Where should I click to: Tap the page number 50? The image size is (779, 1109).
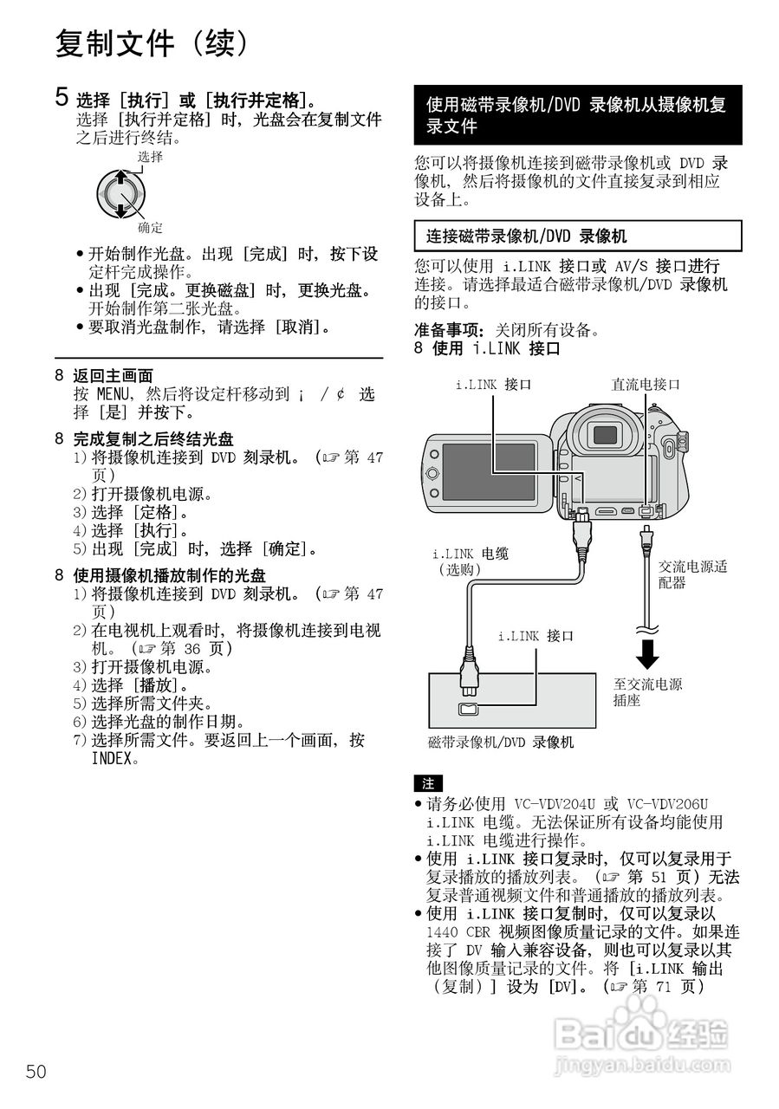[36, 1072]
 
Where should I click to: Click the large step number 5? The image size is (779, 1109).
[62, 97]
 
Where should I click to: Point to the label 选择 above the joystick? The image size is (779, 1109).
[150, 157]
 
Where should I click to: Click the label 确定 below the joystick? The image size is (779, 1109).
[150, 228]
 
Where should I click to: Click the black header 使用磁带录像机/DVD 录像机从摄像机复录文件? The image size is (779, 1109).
[577, 115]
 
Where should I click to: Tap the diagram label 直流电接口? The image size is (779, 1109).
[646, 384]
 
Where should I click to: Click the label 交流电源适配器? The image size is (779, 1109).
[692, 574]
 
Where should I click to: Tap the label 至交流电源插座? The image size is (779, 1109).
[647, 692]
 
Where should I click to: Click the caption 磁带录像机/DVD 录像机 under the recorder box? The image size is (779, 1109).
[501, 743]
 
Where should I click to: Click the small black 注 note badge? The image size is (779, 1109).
[427, 783]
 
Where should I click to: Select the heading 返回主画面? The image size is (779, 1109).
[113, 376]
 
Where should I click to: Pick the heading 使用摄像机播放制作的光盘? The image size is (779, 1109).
[169, 575]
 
